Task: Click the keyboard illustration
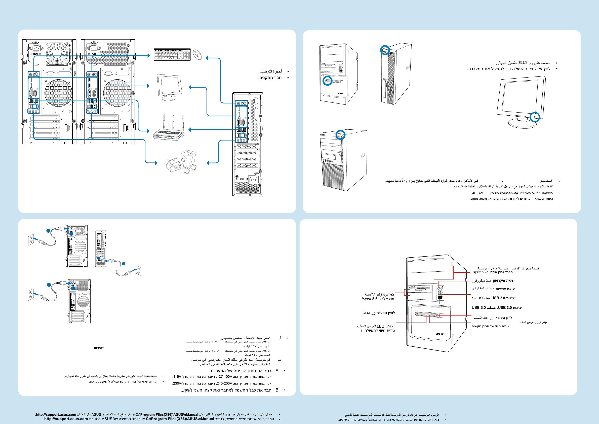pos(172,54)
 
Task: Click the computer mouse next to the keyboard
pos(197,55)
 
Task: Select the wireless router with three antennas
pos(169,130)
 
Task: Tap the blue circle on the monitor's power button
pos(535,117)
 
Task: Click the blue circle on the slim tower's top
pos(385,50)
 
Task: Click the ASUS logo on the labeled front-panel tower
pos(440,334)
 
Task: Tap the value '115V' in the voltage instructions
pos(177,376)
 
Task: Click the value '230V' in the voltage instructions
pos(177,383)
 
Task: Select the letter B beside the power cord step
pos(277,390)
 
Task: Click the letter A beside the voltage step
pos(277,371)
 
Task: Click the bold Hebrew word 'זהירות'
pos(99,348)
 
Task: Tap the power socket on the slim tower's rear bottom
pos(253,179)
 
